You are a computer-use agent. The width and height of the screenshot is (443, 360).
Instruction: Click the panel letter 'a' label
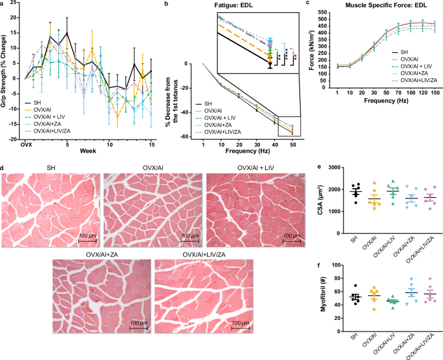pyautogui.click(x=3, y=4)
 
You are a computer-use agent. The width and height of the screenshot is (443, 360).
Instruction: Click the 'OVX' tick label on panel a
pyautogui.click(x=26, y=145)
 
